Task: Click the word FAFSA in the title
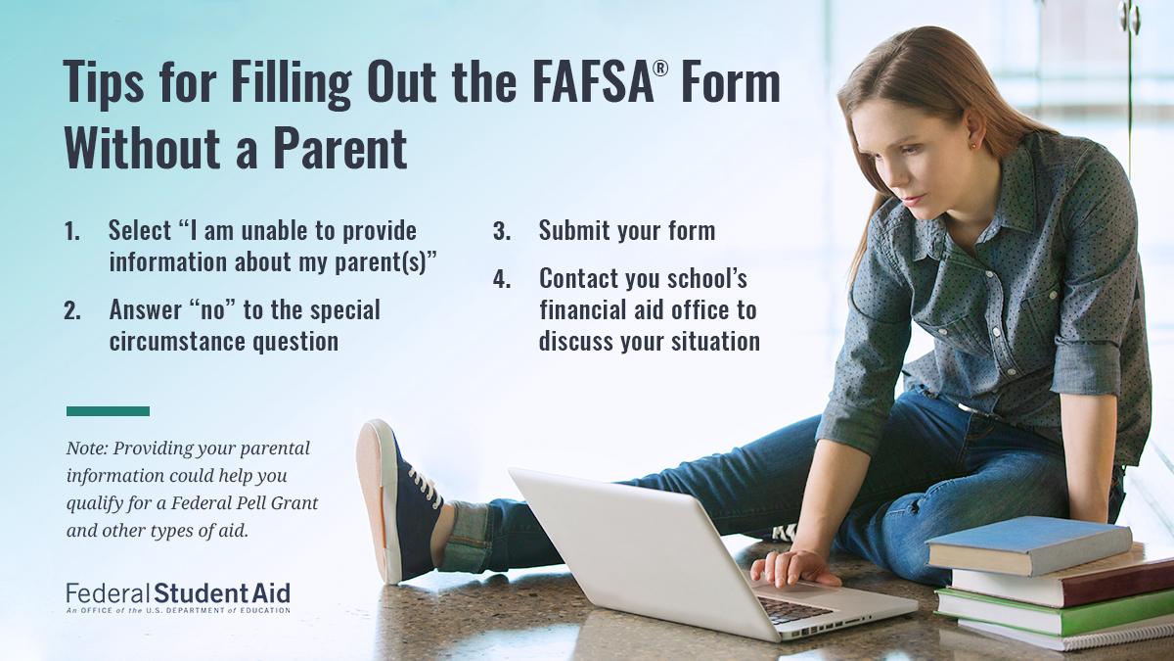click(593, 82)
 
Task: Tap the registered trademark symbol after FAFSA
click(661, 69)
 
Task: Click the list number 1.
click(72, 231)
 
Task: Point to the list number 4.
click(502, 279)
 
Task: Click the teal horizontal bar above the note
click(108, 411)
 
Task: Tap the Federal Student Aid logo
click(178, 597)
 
